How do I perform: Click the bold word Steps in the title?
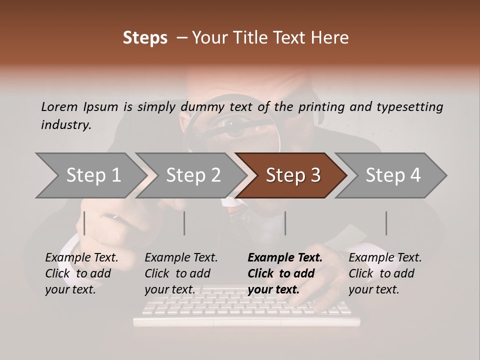click(145, 38)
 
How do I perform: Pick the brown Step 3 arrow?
click(293, 175)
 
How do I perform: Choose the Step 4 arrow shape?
click(393, 175)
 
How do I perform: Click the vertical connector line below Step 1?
click(84, 223)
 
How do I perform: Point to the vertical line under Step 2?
click(184, 223)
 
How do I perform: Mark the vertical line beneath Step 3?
click(285, 223)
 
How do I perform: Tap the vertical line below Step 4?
click(386, 223)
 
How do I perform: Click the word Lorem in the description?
click(59, 106)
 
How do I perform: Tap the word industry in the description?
click(65, 125)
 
